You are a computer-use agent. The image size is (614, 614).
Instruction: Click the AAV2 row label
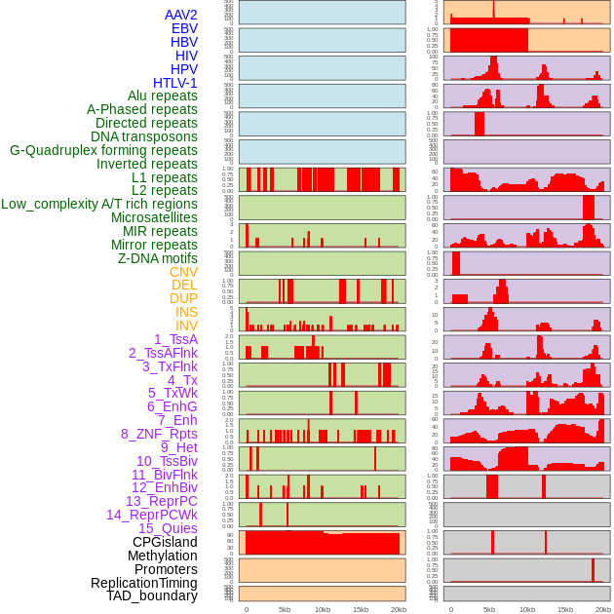pyautogui.click(x=180, y=15)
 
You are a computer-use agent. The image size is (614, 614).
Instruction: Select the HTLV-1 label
pyautogui.click(x=174, y=83)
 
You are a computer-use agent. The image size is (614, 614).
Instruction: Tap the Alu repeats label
pyautogui.click(x=162, y=96)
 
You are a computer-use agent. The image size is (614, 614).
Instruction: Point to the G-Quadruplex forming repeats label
pyautogui.click(x=103, y=150)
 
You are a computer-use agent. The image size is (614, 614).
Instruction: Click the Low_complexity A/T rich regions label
pyautogui.click(x=99, y=204)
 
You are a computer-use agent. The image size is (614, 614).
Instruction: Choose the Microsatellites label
pyautogui.click(x=154, y=217)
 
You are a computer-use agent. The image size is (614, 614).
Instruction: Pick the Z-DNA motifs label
pyautogui.click(x=157, y=258)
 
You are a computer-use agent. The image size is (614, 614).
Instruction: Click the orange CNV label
pyautogui.click(x=183, y=272)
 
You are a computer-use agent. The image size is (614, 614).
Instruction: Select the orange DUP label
pyautogui.click(x=183, y=298)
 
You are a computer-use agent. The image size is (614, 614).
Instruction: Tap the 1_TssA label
pyautogui.click(x=175, y=339)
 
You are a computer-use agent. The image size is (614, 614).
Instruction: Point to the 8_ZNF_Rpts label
pyautogui.click(x=159, y=434)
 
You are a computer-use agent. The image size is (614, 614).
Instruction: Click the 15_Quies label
pyautogui.click(x=168, y=528)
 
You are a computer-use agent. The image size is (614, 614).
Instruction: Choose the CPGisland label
pyautogui.click(x=165, y=542)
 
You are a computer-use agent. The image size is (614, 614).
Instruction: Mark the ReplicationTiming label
pyautogui.click(x=143, y=583)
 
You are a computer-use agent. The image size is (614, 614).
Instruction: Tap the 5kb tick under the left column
pyautogui.click(x=285, y=609)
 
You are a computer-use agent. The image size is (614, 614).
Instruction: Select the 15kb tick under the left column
pyautogui.click(x=361, y=609)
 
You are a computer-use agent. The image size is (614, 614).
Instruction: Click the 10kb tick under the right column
pyautogui.click(x=527, y=609)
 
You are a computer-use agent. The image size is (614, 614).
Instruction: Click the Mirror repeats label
pyautogui.click(x=154, y=245)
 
